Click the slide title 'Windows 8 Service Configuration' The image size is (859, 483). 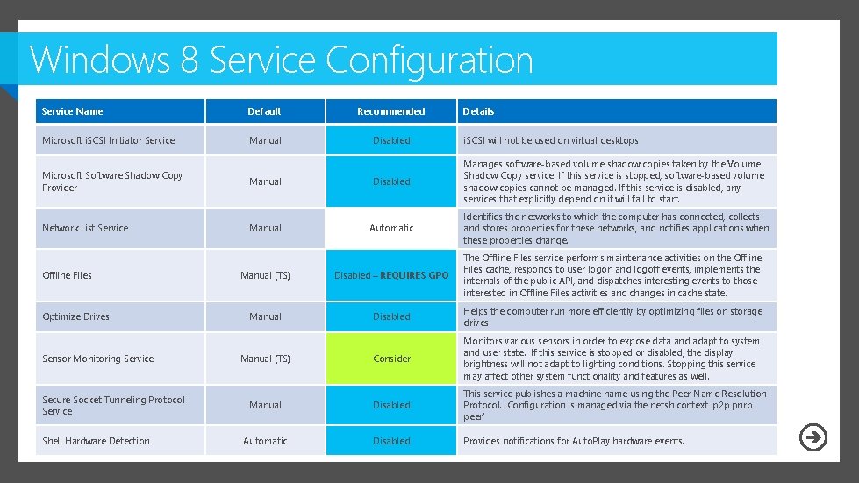tap(281, 60)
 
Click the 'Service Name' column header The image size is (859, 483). tap(72, 111)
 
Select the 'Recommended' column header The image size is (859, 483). tap(391, 111)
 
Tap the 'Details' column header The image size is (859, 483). tap(478, 111)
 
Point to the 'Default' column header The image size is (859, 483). tap(264, 111)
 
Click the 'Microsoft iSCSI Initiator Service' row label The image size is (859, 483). tap(108, 140)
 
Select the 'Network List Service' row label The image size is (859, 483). tap(85, 228)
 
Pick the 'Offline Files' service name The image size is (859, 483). tap(67, 275)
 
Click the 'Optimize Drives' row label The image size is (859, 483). tap(75, 316)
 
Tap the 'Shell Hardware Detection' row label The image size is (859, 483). tap(96, 441)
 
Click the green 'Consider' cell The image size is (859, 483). tap(391, 359)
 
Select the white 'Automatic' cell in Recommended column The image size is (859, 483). tap(391, 228)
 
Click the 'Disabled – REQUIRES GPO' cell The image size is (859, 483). tap(391, 275)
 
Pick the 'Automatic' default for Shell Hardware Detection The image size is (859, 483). tap(265, 441)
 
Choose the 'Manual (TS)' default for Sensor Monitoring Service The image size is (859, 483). tap(265, 359)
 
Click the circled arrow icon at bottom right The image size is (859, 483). tap(813, 437)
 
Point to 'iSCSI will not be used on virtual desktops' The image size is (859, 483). tap(551, 140)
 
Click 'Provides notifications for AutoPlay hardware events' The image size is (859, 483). tap(574, 441)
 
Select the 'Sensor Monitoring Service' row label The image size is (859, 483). tap(97, 359)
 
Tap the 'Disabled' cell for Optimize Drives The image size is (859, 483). tap(391, 316)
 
